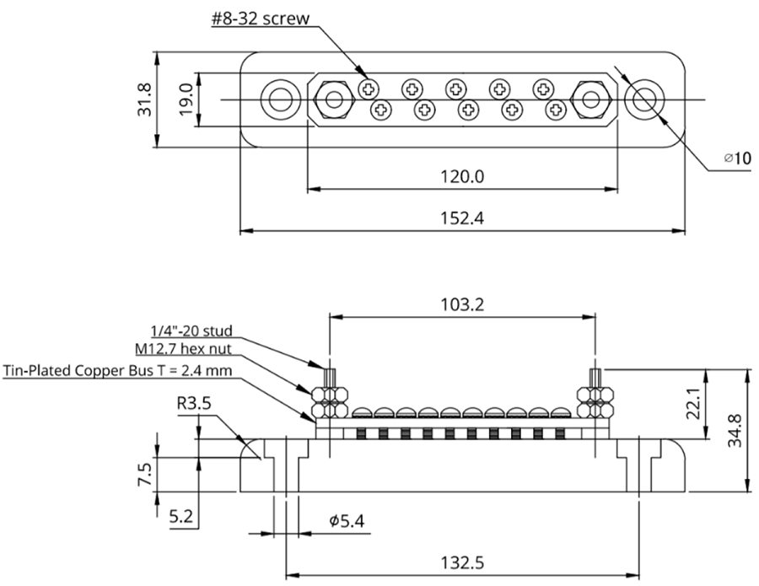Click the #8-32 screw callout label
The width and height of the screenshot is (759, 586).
click(x=260, y=19)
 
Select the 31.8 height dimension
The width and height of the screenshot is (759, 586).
click(x=144, y=99)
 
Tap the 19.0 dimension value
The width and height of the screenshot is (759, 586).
click(x=186, y=99)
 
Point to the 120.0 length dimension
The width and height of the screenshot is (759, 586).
click(x=462, y=176)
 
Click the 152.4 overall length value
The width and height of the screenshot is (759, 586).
click(x=462, y=218)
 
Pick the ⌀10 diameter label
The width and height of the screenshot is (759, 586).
click(x=738, y=159)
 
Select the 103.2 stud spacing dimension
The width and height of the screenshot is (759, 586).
click(x=462, y=305)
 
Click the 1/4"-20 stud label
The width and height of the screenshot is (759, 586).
click(x=191, y=331)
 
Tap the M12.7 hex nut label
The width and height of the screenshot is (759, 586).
click(x=184, y=349)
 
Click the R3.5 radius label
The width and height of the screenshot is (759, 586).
click(x=194, y=403)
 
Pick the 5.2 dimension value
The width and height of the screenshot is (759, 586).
click(x=181, y=518)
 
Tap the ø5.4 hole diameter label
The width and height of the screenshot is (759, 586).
click(x=347, y=521)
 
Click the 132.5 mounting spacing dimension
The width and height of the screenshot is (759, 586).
click(x=462, y=563)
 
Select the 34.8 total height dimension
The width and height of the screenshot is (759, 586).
click(x=735, y=431)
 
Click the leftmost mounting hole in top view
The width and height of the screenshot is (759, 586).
click(x=280, y=100)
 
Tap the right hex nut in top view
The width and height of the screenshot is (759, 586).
click(x=591, y=100)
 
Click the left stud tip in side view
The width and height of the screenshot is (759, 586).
click(x=330, y=370)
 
